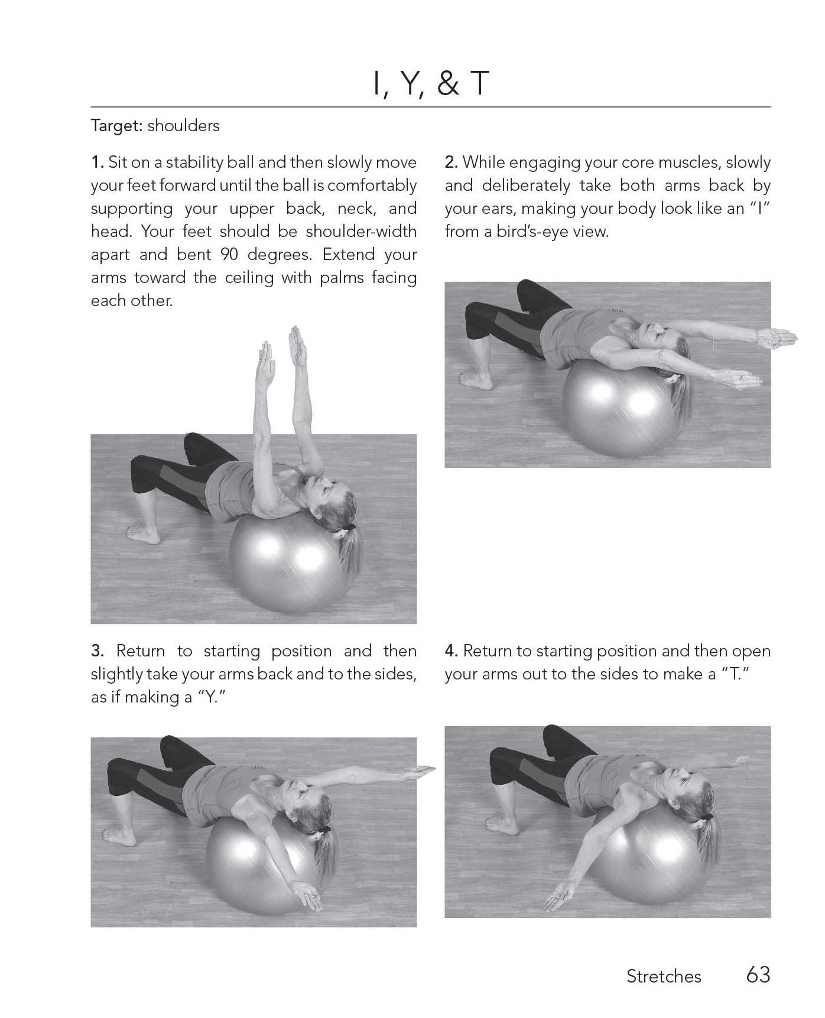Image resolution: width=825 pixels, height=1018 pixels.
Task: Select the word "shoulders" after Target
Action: tap(183, 125)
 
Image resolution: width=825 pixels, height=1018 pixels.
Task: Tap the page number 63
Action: tap(758, 974)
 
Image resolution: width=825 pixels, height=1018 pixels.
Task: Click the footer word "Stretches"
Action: tap(664, 976)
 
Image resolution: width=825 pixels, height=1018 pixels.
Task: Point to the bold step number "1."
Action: tap(98, 162)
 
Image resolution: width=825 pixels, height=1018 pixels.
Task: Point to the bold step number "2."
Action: tap(452, 162)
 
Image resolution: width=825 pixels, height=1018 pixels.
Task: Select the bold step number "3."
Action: tap(98, 651)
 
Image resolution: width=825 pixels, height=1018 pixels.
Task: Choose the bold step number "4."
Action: tap(452, 651)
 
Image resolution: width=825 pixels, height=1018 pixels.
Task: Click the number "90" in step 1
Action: tap(230, 254)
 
